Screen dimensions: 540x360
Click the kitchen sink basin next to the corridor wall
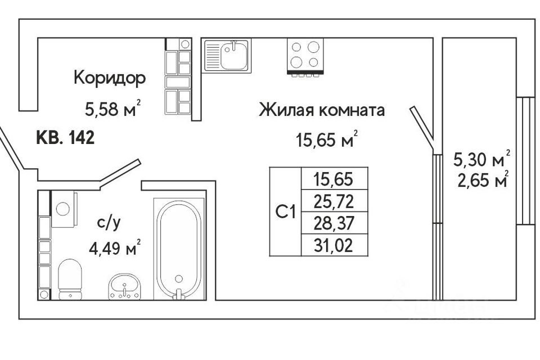pyautogui.click(x=227, y=56)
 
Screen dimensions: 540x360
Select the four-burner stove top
pyautogui.click(x=305, y=57)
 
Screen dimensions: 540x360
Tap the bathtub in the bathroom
pyautogui.click(x=179, y=249)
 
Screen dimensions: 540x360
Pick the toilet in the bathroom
pyautogui.click(x=70, y=279)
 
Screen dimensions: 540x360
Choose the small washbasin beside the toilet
pyautogui.click(x=124, y=286)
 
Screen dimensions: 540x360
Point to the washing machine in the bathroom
pyautogui.click(x=64, y=209)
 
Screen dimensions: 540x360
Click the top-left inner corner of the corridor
pyautogui.click(x=38, y=38)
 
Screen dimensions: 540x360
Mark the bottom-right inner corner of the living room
pyautogui.click(x=433, y=300)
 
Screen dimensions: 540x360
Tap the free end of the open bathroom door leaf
pyautogui.click(x=139, y=161)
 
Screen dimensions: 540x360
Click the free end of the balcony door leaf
pyautogui.click(x=412, y=108)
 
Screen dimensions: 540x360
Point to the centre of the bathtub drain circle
pyautogui.click(x=179, y=278)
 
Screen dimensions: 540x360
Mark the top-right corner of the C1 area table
pyautogui.click(x=368, y=168)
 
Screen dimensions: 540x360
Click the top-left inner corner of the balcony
pyautogui.click(x=443, y=38)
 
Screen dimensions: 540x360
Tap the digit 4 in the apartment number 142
pyautogui.click(x=80, y=138)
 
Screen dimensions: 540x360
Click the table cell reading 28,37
pyautogui.click(x=334, y=223)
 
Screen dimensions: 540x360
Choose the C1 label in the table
pyautogui.click(x=286, y=211)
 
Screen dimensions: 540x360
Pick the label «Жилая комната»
pyautogui.click(x=322, y=110)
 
